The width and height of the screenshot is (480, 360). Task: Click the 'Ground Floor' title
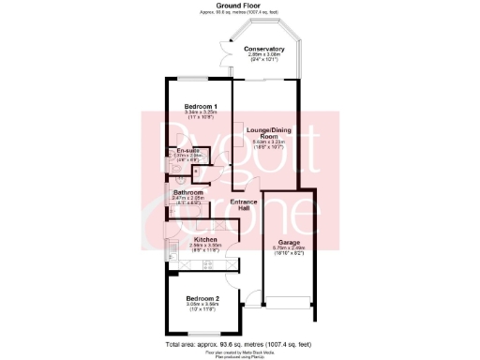click(x=239, y=5)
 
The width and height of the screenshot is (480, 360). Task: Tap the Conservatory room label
click(x=264, y=49)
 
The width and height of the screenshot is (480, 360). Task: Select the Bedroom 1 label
click(x=201, y=106)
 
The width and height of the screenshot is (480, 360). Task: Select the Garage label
click(x=286, y=242)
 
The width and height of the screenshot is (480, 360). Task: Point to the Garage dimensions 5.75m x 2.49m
click(x=286, y=249)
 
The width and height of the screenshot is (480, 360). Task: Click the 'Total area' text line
click(x=239, y=345)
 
